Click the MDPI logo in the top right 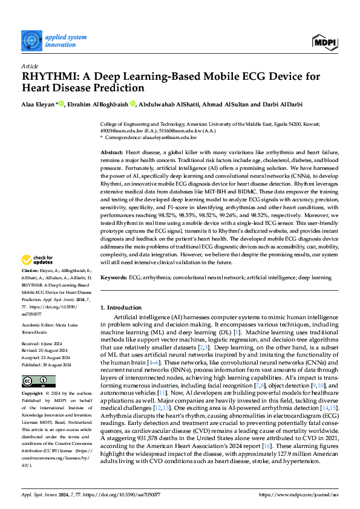coord(325,41)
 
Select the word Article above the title coord(30,65)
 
